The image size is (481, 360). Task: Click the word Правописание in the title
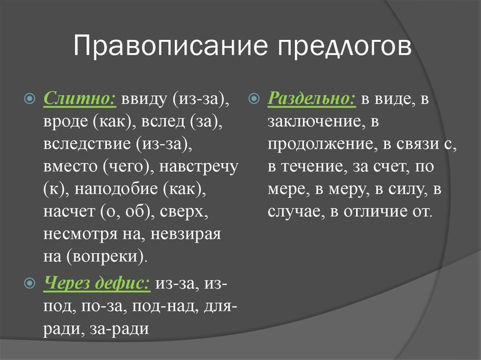click(171, 46)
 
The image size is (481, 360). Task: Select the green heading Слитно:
click(80, 99)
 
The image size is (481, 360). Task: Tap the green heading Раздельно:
click(312, 99)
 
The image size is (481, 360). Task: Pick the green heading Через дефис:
click(97, 282)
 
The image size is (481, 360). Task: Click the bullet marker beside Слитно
click(30, 99)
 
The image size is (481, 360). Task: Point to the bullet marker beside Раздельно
click(254, 99)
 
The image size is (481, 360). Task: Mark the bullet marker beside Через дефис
click(30, 282)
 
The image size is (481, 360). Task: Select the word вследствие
click(87, 144)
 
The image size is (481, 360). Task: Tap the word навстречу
click(199, 167)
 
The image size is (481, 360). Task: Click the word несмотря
click(81, 234)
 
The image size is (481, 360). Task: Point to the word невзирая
click(186, 234)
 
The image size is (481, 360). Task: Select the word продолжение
click(320, 144)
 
